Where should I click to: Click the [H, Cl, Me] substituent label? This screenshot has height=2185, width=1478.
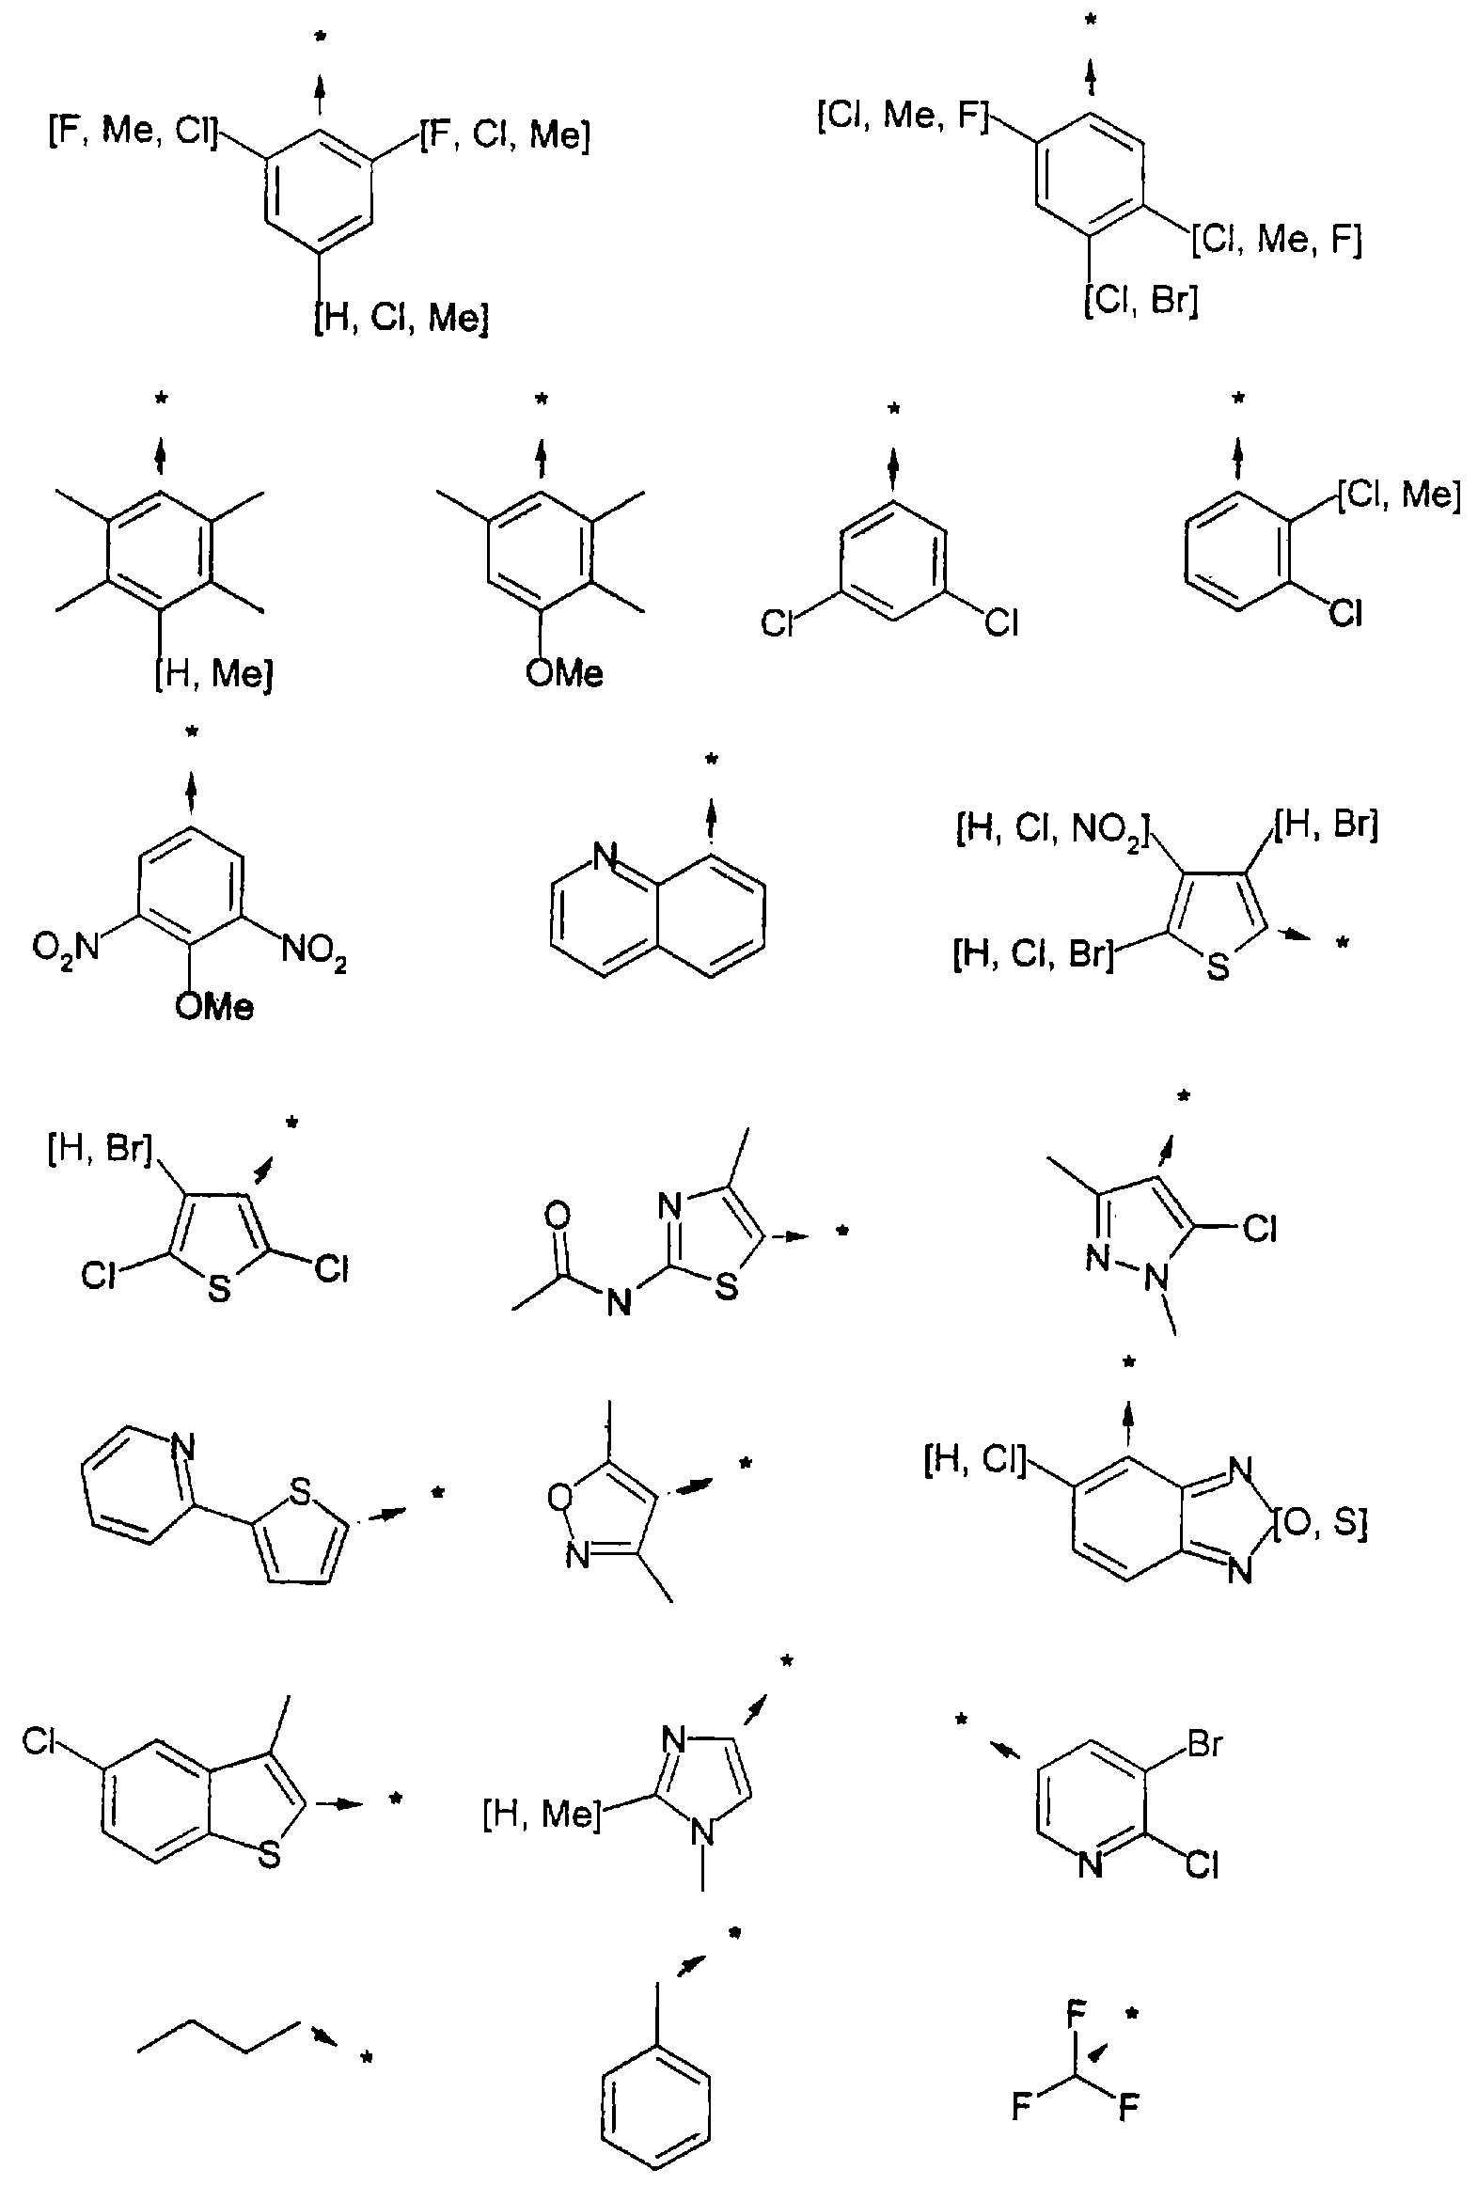click(401, 319)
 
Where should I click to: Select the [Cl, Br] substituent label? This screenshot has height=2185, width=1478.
click(1141, 302)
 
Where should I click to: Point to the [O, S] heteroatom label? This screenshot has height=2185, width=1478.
click(1320, 1524)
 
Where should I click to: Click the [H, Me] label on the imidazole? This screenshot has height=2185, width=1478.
click(541, 1814)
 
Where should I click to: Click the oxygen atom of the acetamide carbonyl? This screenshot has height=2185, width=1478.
click(557, 1217)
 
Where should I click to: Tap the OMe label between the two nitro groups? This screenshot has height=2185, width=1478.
click(214, 1008)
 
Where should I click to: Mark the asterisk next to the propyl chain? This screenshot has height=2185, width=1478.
click(367, 2059)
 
